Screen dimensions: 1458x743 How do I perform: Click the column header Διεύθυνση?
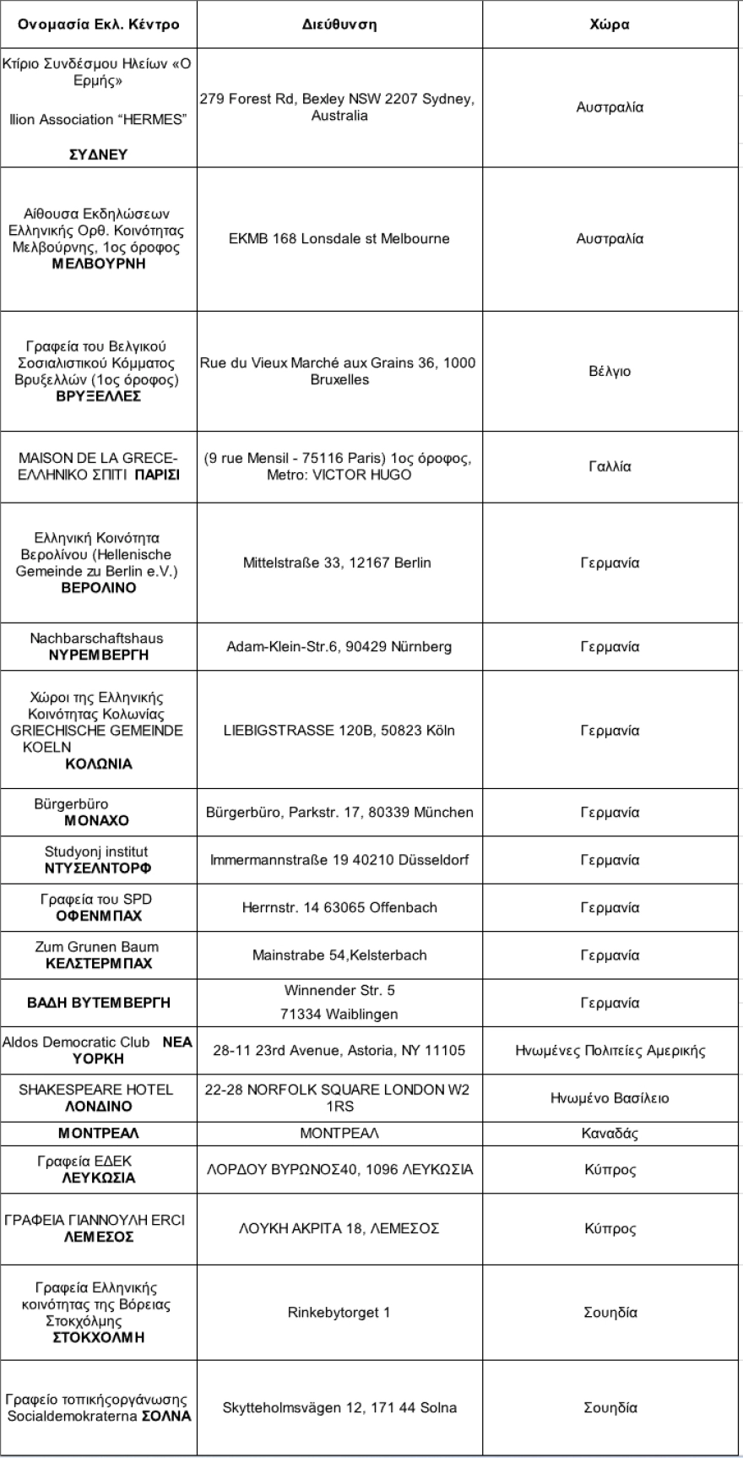click(339, 24)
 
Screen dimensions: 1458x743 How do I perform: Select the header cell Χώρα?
click(610, 24)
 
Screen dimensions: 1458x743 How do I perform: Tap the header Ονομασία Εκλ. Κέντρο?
click(99, 24)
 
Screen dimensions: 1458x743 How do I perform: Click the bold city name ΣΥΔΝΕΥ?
click(99, 155)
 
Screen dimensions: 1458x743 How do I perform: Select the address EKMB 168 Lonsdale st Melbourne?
click(339, 239)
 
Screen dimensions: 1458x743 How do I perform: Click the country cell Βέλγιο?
click(610, 372)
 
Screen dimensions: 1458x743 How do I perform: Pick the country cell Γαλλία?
click(610, 466)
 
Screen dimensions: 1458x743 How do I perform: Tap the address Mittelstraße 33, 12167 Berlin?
click(337, 563)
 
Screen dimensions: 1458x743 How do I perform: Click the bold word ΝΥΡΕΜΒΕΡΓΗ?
click(99, 655)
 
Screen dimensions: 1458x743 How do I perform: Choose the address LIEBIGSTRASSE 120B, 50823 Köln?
click(339, 731)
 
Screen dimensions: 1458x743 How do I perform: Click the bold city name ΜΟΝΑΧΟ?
click(97, 820)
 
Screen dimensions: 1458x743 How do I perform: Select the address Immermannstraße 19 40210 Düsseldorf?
click(339, 860)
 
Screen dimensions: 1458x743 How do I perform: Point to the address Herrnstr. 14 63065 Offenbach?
click(339, 908)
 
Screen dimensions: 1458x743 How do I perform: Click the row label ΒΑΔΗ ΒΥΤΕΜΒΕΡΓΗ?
click(99, 1003)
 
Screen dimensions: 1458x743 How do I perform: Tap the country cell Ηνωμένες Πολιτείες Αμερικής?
click(610, 1051)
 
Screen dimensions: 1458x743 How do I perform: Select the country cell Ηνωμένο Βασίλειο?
click(610, 1098)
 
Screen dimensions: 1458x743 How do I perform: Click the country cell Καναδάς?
click(610, 1134)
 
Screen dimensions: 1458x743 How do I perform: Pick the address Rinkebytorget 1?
click(339, 1313)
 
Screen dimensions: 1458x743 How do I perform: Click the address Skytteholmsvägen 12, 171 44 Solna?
click(339, 1407)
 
